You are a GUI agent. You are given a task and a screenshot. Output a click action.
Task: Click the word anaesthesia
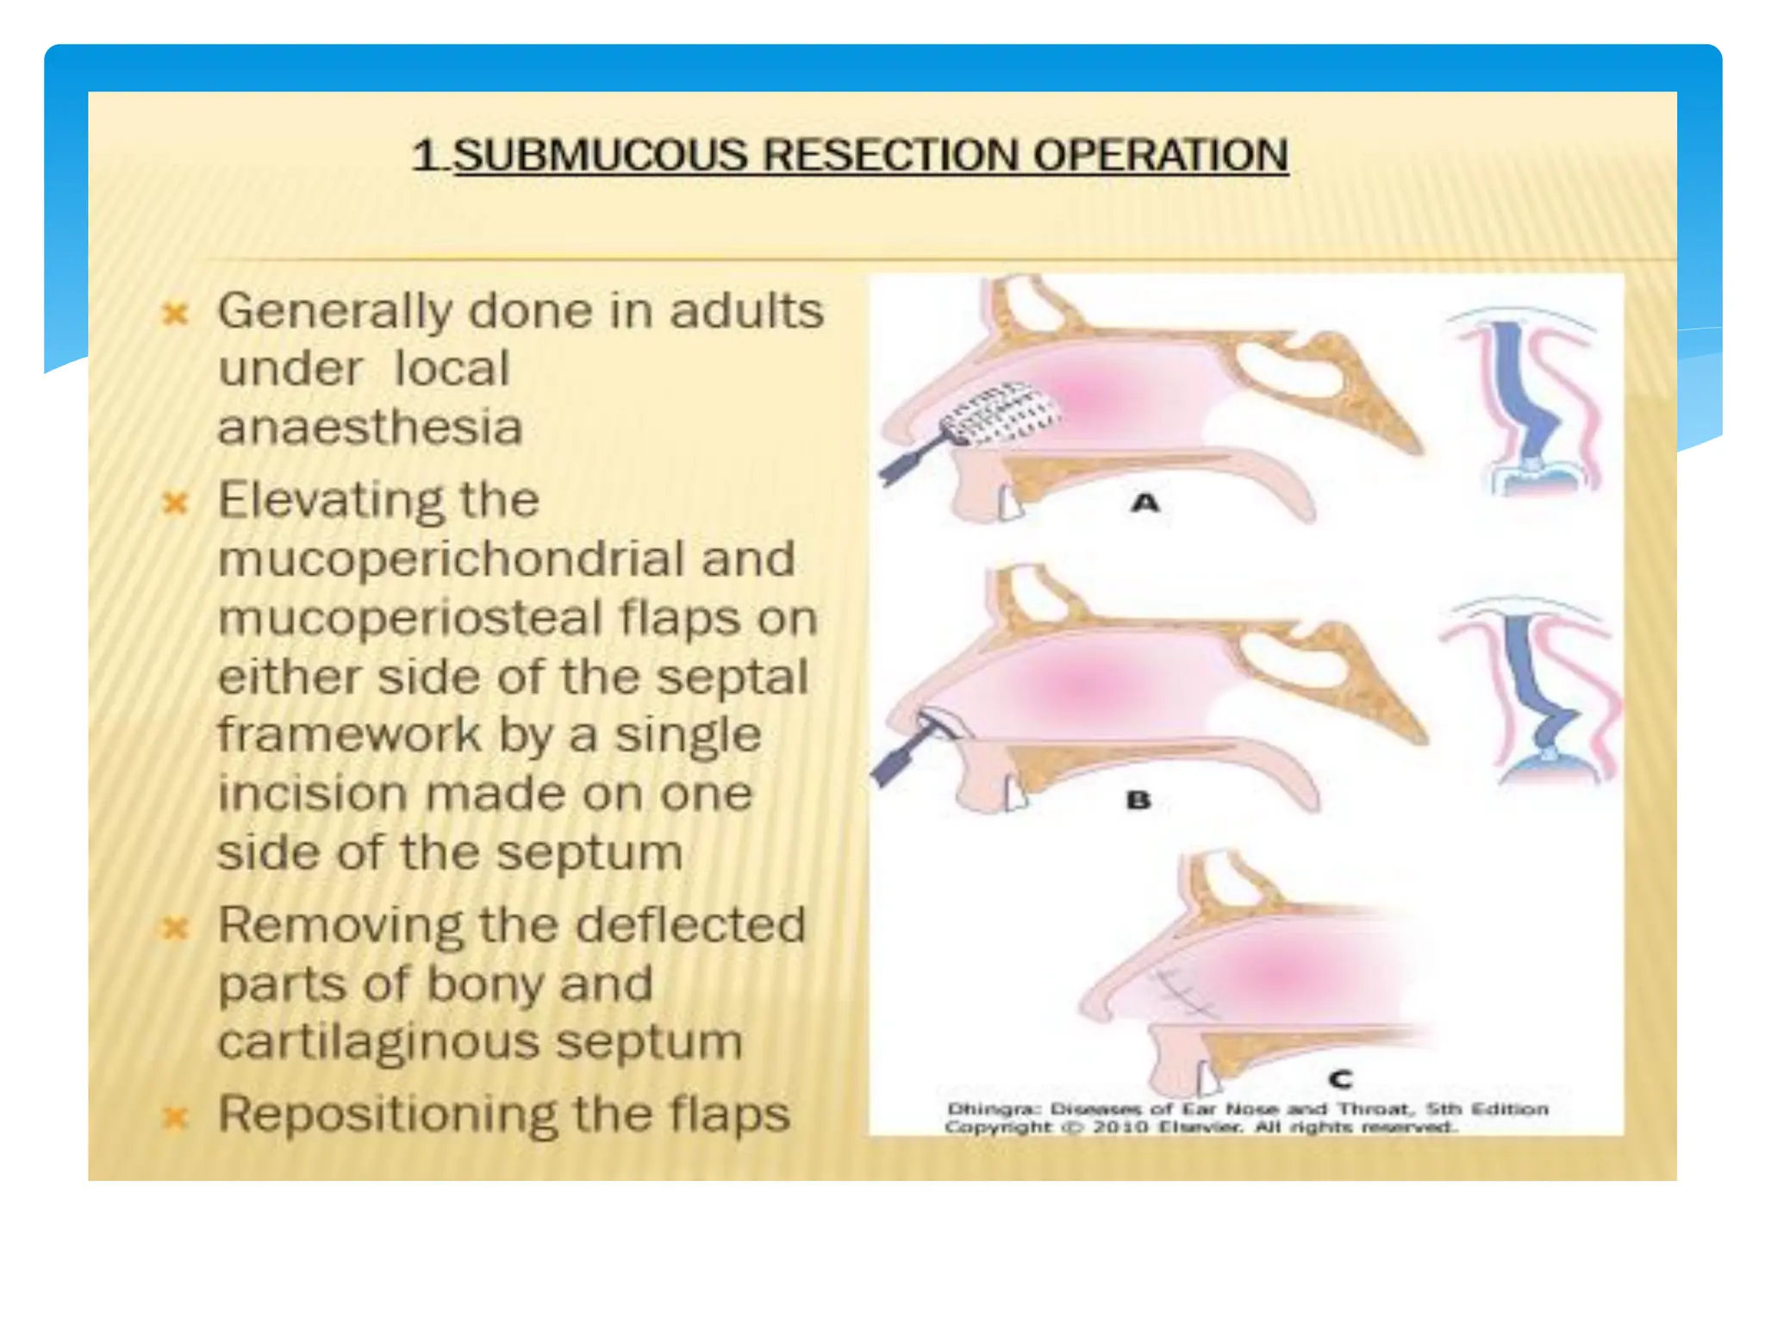(370, 427)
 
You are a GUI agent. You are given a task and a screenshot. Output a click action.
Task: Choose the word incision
(312, 793)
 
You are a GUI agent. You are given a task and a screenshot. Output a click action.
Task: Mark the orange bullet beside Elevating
(175, 503)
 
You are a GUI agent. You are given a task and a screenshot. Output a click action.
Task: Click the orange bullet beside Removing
(175, 927)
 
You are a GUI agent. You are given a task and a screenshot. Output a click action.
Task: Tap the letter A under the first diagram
(1144, 503)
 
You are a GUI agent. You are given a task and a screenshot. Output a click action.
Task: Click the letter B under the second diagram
(1138, 800)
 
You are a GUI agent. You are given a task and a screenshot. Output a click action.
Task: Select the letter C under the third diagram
(1340, 1078)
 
